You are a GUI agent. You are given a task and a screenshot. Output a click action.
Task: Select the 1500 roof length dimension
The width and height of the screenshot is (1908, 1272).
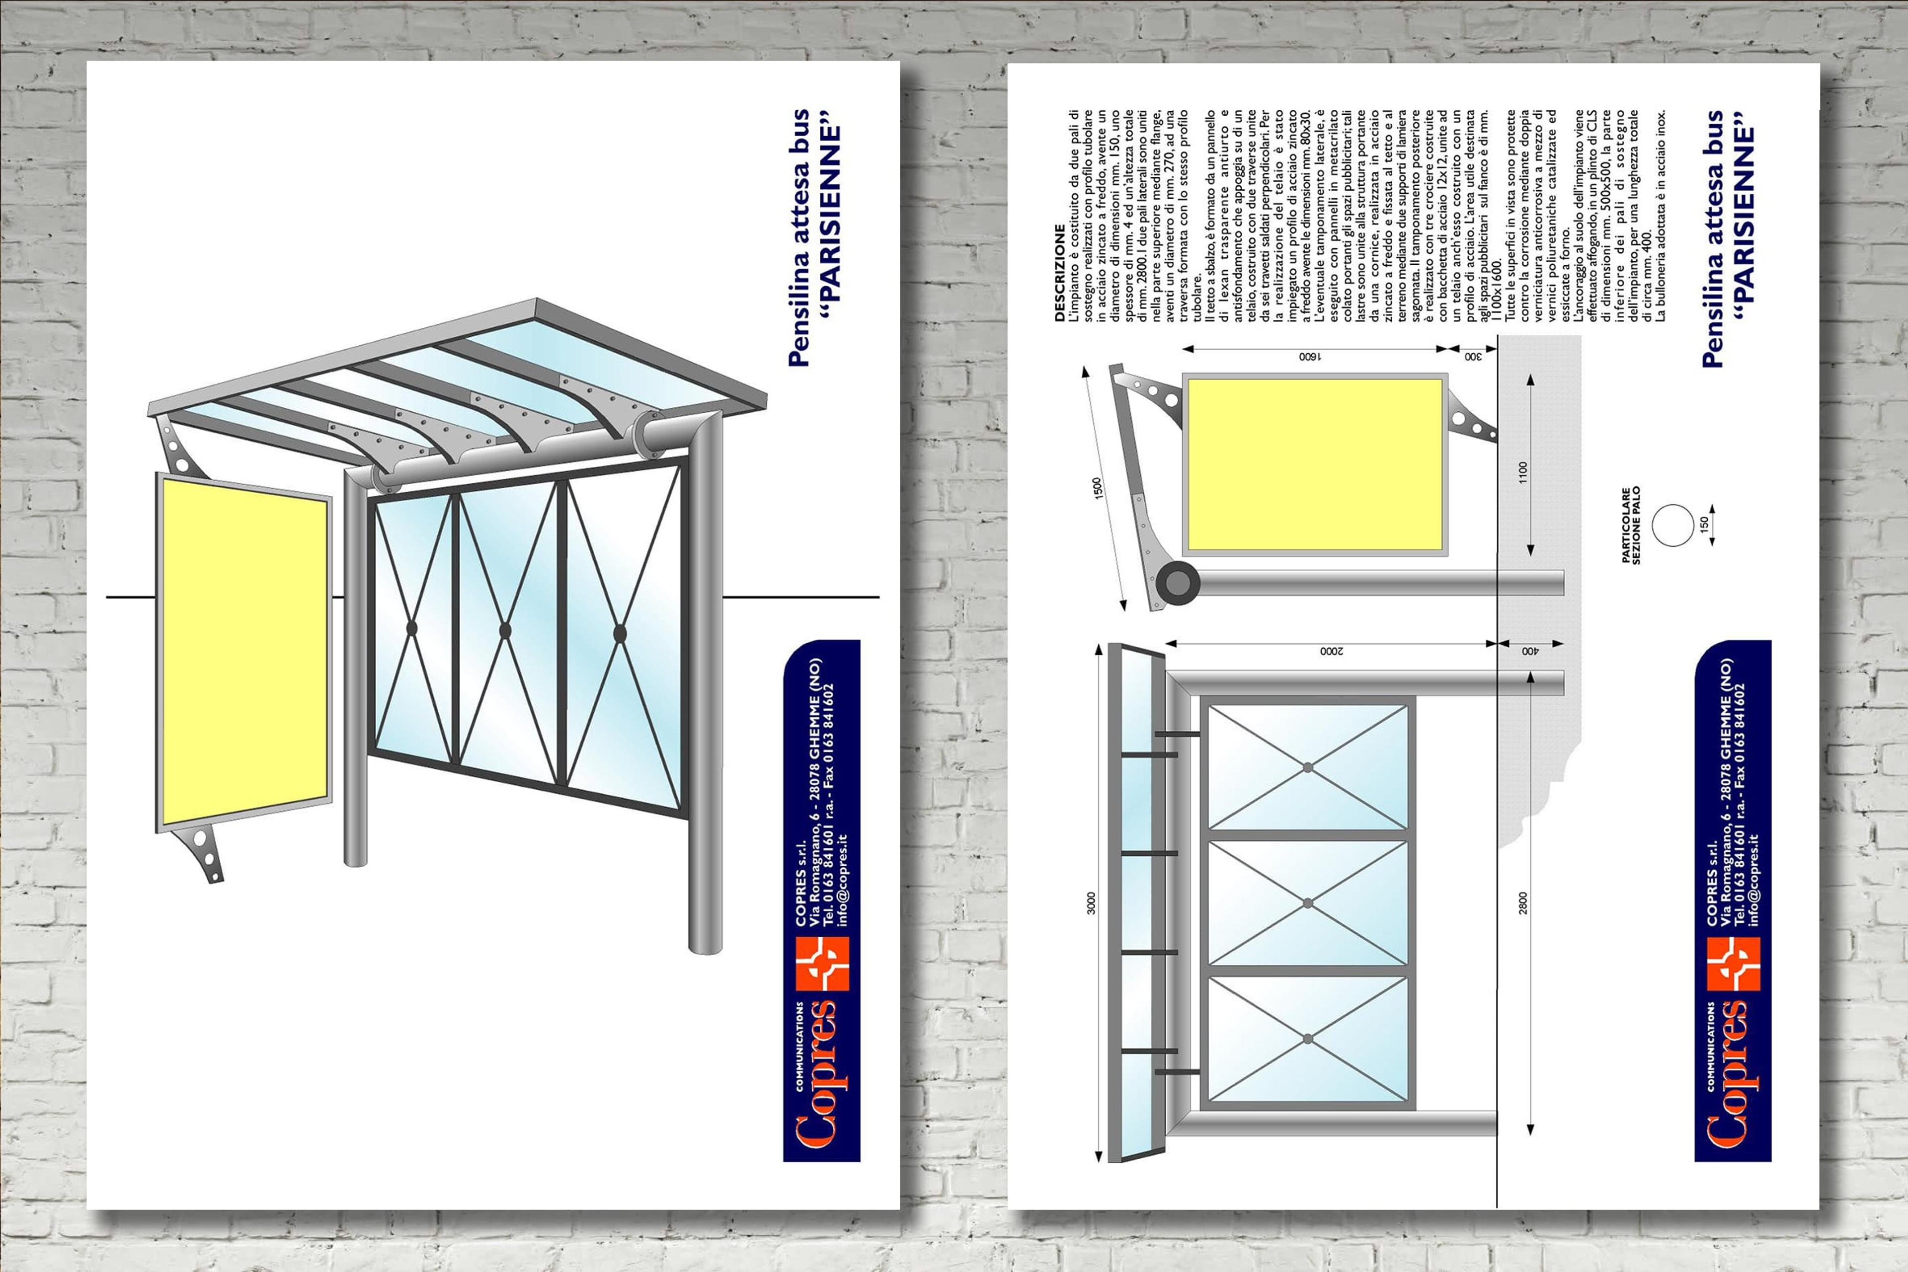1097,488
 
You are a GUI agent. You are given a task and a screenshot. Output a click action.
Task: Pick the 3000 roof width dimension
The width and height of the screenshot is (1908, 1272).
1092,903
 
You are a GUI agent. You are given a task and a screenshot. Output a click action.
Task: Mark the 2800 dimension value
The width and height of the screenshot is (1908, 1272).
1523,903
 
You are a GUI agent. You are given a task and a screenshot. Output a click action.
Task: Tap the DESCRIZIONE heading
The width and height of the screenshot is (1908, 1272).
1059,273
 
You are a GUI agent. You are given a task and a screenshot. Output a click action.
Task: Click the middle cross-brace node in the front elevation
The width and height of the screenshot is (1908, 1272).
1307,903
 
